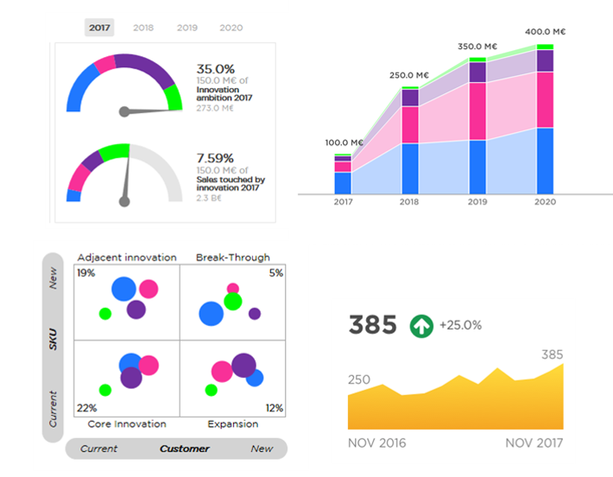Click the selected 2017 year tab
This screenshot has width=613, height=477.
pyautogui.click(x=101, y=28)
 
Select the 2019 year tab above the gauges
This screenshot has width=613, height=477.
pyautogui.click(x=187, y=28)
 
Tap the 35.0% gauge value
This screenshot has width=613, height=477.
pyautogui.click(x=216, y=68)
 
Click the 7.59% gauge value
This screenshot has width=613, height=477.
pyautogui.click(x=216, y=159)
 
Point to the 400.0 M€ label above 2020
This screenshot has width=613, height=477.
pyautogui.click(x=545, y=32)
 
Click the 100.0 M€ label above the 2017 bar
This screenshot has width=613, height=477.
pyautogui.click(x=344, y=142)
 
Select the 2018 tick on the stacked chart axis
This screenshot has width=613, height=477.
pyautogui.click(x=410, y=202)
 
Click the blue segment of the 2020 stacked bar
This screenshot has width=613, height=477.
pyautogui.click(x=545, y=160)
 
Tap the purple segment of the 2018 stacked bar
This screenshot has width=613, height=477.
pyautogui.click(x=410, y=97)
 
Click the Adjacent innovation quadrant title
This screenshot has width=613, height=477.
pyautogui.click(x=127, y=257)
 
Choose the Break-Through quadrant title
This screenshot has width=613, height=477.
pyautogui.click(x=232, y=257)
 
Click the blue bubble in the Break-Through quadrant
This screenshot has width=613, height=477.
pyautogui.click(x=211, y=312)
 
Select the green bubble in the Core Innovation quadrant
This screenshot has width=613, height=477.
pyautogui.click(x=105, y=390)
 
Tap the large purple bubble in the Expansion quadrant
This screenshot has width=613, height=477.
pyautogui.click(x=243, y=364)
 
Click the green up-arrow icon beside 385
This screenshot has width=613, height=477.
pyautogui.click(x=421, y=326)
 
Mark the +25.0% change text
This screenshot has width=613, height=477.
pyautogui.click(x=460, y=326)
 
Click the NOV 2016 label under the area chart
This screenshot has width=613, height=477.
pyautogui.click(x=376, y=443)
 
